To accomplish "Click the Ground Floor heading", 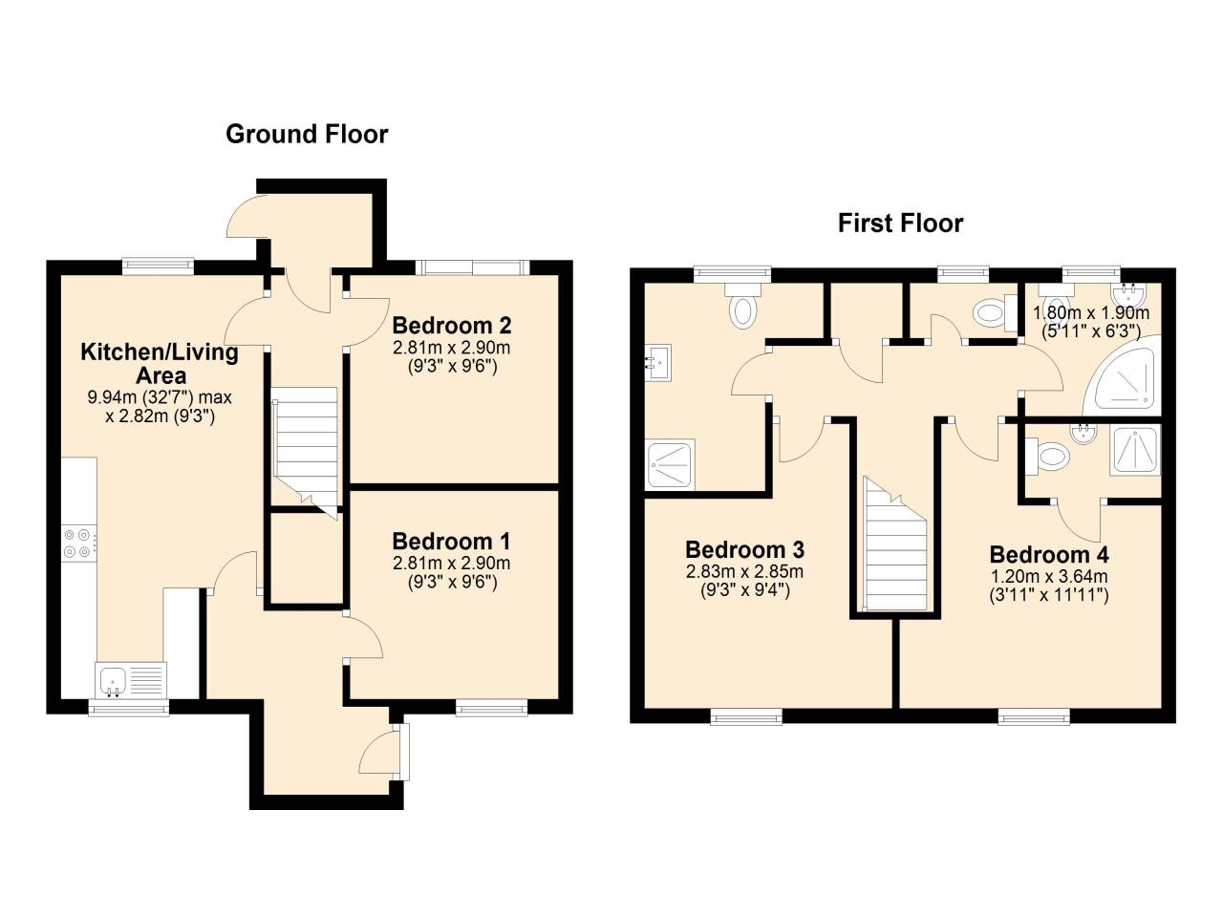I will point(307,134).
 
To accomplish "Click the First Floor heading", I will point(900,224).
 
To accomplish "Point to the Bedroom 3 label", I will point(744,550).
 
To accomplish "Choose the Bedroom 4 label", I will point(1049,555).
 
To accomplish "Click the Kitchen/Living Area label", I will point(160,363).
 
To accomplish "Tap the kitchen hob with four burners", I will point(77,543).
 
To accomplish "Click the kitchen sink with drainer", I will point(131,680).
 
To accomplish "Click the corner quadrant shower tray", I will point(1125,378).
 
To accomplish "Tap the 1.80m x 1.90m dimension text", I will point(1091,313).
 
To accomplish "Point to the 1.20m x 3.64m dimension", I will point(1049,576).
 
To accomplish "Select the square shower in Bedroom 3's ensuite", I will point(672,464).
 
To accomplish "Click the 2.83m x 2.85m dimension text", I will point(744,572).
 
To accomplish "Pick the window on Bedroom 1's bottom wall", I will point(491,708).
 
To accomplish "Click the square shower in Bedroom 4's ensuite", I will point(1135,450).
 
